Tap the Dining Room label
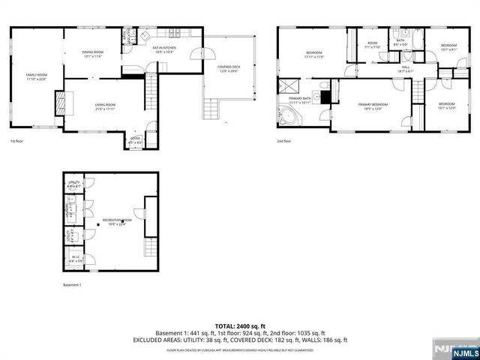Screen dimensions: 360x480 [x=93, y=53]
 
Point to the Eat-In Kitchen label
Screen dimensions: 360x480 [x=163, y=51]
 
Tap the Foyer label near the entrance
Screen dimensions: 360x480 [x=135, y=139]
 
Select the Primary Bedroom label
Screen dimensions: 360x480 [x=372, y=106]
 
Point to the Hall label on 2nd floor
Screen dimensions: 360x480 [x=405, y=69]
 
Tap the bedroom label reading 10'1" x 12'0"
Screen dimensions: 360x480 [x=445, y=106]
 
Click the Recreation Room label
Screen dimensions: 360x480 [x=117, y=222]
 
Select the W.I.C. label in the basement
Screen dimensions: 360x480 [x=76, y=259]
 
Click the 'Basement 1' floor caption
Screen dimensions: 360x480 [x=73, y=285]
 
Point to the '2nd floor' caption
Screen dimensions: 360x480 [x=284, y=140]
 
